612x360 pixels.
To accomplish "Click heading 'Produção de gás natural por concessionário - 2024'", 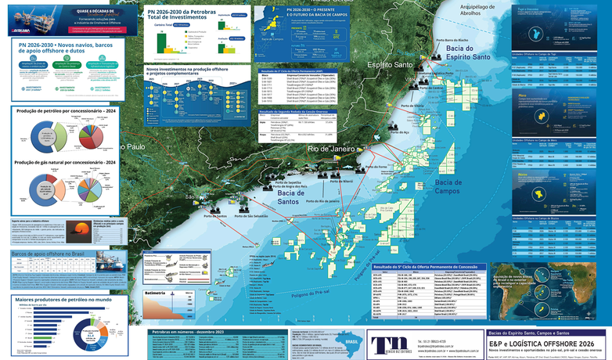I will pos(67,162).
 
